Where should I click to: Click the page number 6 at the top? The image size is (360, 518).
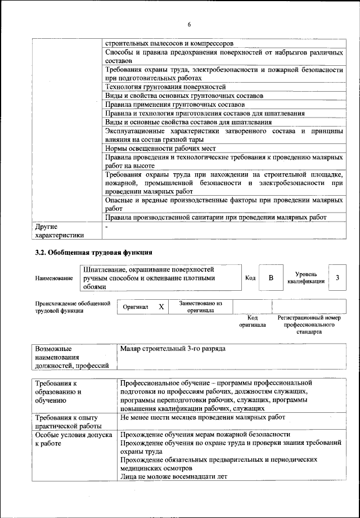(x=189, y=25)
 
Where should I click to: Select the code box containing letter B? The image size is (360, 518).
(x=271, y=278)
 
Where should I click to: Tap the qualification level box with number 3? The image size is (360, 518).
(x=337, y=278)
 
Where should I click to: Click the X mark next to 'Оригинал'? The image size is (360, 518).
(x=161, y=307)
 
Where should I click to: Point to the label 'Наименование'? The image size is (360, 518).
(x=54, y=278)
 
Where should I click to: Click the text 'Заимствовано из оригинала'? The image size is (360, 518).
(x=201, y=307)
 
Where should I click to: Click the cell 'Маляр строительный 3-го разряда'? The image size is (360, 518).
(x=173, y=349)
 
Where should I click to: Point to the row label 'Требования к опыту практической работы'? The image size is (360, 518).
(x=66, y=421)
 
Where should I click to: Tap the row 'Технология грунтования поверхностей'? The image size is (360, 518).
(x=165, y=87)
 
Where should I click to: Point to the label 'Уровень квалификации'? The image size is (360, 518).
(x=305, y=277)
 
